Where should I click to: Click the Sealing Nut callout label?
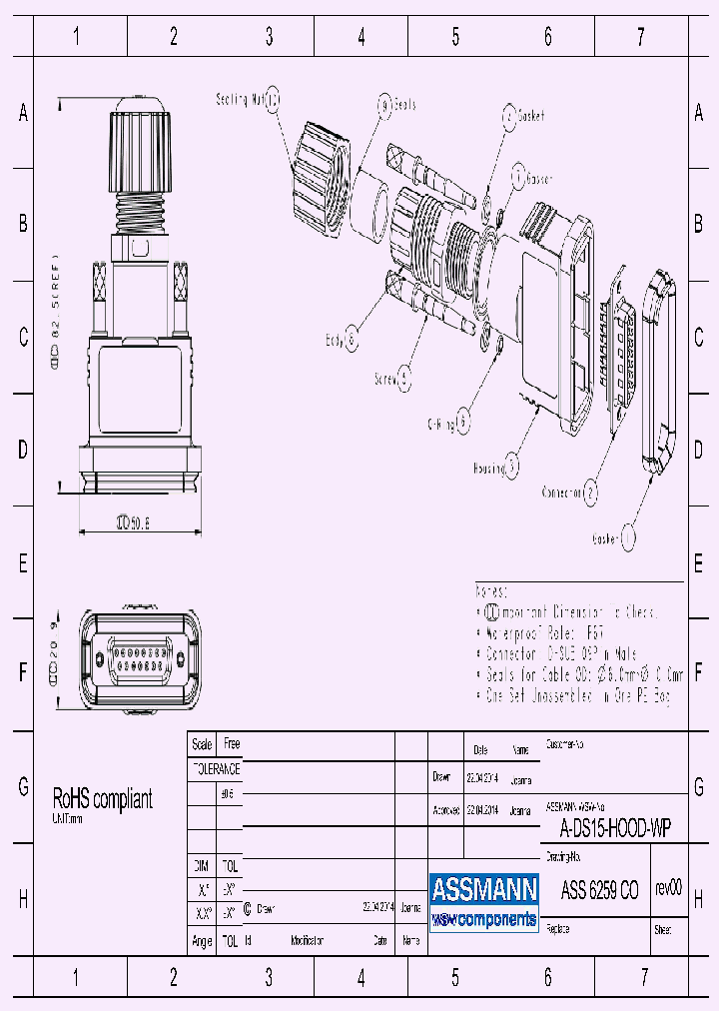(x=240, y=99)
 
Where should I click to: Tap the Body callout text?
(x=335, y=340)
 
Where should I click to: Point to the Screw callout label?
(x=382, y=379)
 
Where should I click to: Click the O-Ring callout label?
(x=441, y=423)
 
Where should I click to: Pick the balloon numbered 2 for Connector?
(x=591, y=492)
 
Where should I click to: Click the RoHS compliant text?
(x=103, y=799)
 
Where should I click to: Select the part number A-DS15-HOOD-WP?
(x=614, y=826)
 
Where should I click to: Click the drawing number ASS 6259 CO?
(x=599, y=891)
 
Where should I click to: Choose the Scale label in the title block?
(x=202, y=744)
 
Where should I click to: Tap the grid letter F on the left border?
(x=23, y=672)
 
